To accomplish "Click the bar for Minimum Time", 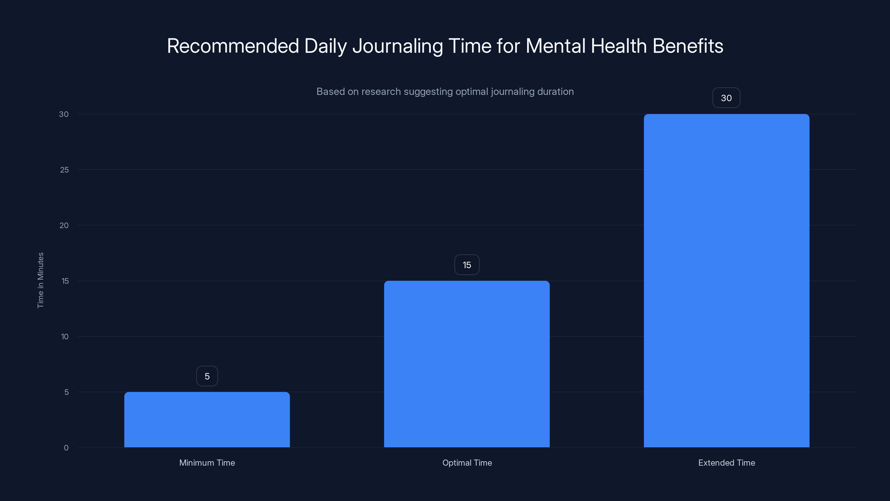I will (207, 419).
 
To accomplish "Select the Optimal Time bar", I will (467, 364).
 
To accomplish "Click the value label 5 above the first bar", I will (207, 376).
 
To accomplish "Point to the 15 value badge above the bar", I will (467, 265).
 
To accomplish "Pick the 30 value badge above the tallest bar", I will (726, 98).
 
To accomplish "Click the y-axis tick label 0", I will (66, 448).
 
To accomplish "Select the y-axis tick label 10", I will (65, 337).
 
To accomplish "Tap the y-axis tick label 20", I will (64, 225).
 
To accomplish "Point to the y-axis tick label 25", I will (64, 170).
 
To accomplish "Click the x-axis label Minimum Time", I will (207, 463).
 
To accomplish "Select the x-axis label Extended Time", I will (726, 463).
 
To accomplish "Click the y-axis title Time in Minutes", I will (40, 280).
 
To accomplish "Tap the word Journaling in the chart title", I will (397, 46).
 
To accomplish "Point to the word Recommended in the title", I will (233, 46).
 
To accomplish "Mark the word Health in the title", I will (619, 46).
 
